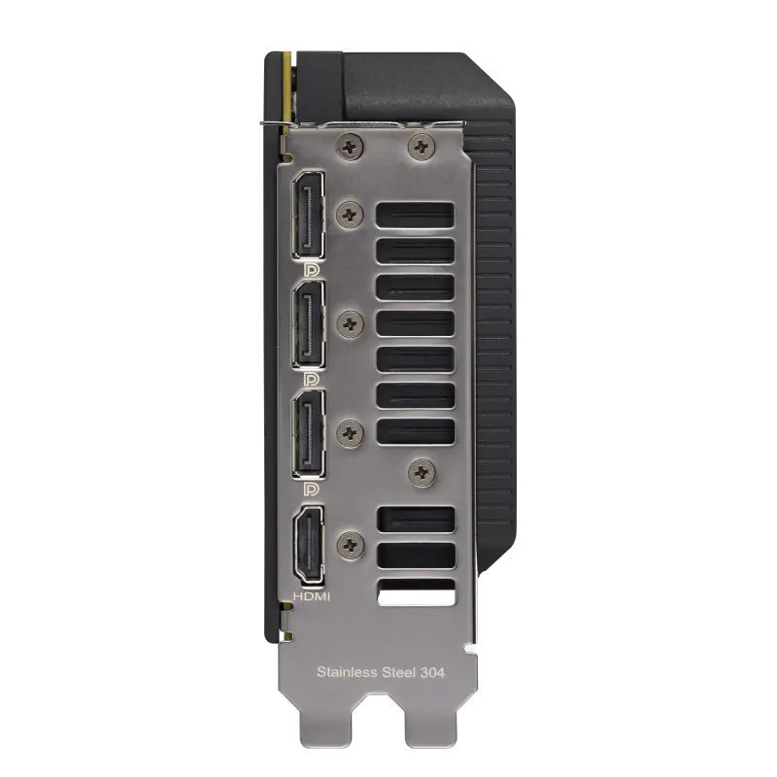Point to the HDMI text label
click(x=311, y=596)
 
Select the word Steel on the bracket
click(x=399, y=672)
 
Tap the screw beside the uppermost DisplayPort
click(x=349, y=211)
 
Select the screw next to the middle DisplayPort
click(x=349, y=319)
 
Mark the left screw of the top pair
click(x=351, y=146)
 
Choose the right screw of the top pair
click(x=421, y=146)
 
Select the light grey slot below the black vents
click(x=415, y=591)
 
